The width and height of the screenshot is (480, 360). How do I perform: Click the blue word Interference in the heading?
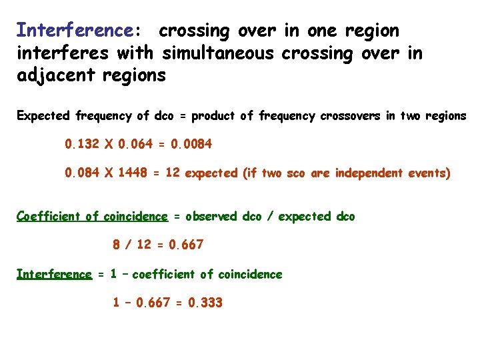[75, 31]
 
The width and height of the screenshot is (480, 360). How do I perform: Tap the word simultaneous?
[217, 53]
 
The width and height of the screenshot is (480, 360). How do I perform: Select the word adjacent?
[57, 75]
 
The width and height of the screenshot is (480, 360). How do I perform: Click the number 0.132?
[82, 143]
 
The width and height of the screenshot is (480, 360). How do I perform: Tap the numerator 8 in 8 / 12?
[117, 245]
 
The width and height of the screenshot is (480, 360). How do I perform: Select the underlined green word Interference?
[54, 274]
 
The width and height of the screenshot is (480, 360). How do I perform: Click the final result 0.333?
[205, 303]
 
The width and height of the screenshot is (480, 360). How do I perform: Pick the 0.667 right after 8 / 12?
[186, 245]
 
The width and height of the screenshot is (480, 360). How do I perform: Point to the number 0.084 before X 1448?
[82, 173]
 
